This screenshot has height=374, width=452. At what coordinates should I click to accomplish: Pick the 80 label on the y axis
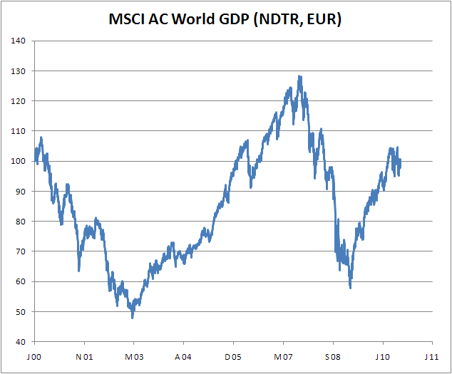(x=21, y=222)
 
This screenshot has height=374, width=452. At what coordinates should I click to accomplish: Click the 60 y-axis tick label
(x=21, y=281)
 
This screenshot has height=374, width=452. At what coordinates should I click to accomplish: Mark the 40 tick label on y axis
(x=21, y=342)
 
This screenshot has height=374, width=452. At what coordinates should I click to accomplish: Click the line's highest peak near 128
(x=299, y=76)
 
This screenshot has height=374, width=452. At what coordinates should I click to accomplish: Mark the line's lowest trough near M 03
(x=133, y=317)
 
